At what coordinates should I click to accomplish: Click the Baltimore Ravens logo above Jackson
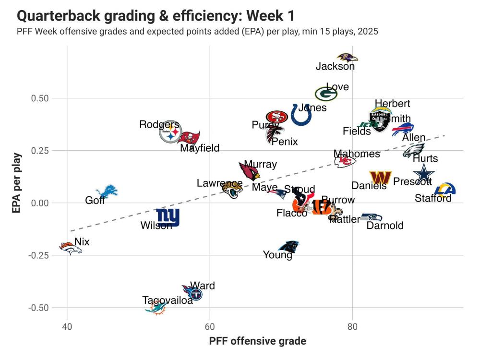347,58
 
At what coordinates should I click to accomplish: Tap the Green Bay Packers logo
326,94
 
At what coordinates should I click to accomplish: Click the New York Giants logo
168,217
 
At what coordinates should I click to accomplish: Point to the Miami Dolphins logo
156,307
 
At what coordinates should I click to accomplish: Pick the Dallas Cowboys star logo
424,173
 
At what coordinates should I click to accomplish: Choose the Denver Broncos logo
70,248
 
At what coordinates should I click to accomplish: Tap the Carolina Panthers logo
289,247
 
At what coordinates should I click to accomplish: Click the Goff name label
95,201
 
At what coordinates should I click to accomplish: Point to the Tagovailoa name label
168,300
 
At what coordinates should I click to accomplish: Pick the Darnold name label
385,226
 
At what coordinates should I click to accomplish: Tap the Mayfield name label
200,148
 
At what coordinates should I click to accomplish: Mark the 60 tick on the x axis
210,327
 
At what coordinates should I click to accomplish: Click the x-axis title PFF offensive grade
257,341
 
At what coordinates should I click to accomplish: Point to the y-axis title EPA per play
17,183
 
